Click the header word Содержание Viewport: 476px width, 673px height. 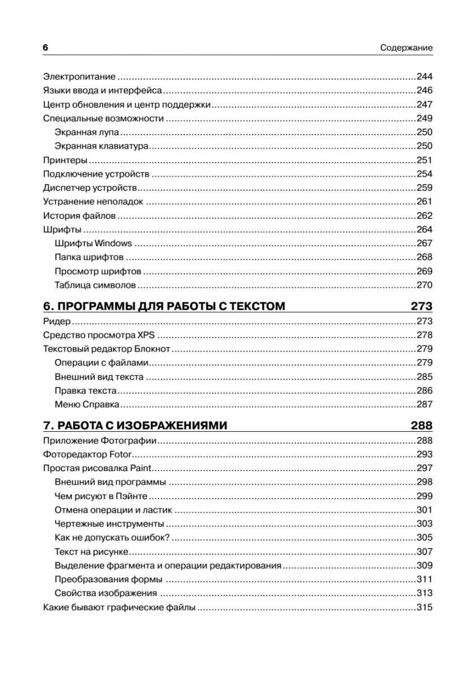406,48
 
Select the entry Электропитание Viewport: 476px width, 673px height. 79,77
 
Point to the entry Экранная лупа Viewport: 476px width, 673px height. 87,132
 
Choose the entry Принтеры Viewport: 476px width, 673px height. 61,160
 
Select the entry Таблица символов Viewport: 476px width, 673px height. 95,285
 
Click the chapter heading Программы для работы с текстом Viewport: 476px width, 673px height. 164,306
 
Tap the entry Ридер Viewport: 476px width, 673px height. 56,322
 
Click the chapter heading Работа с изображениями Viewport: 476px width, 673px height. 135,426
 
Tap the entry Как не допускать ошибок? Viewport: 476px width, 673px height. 112,538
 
